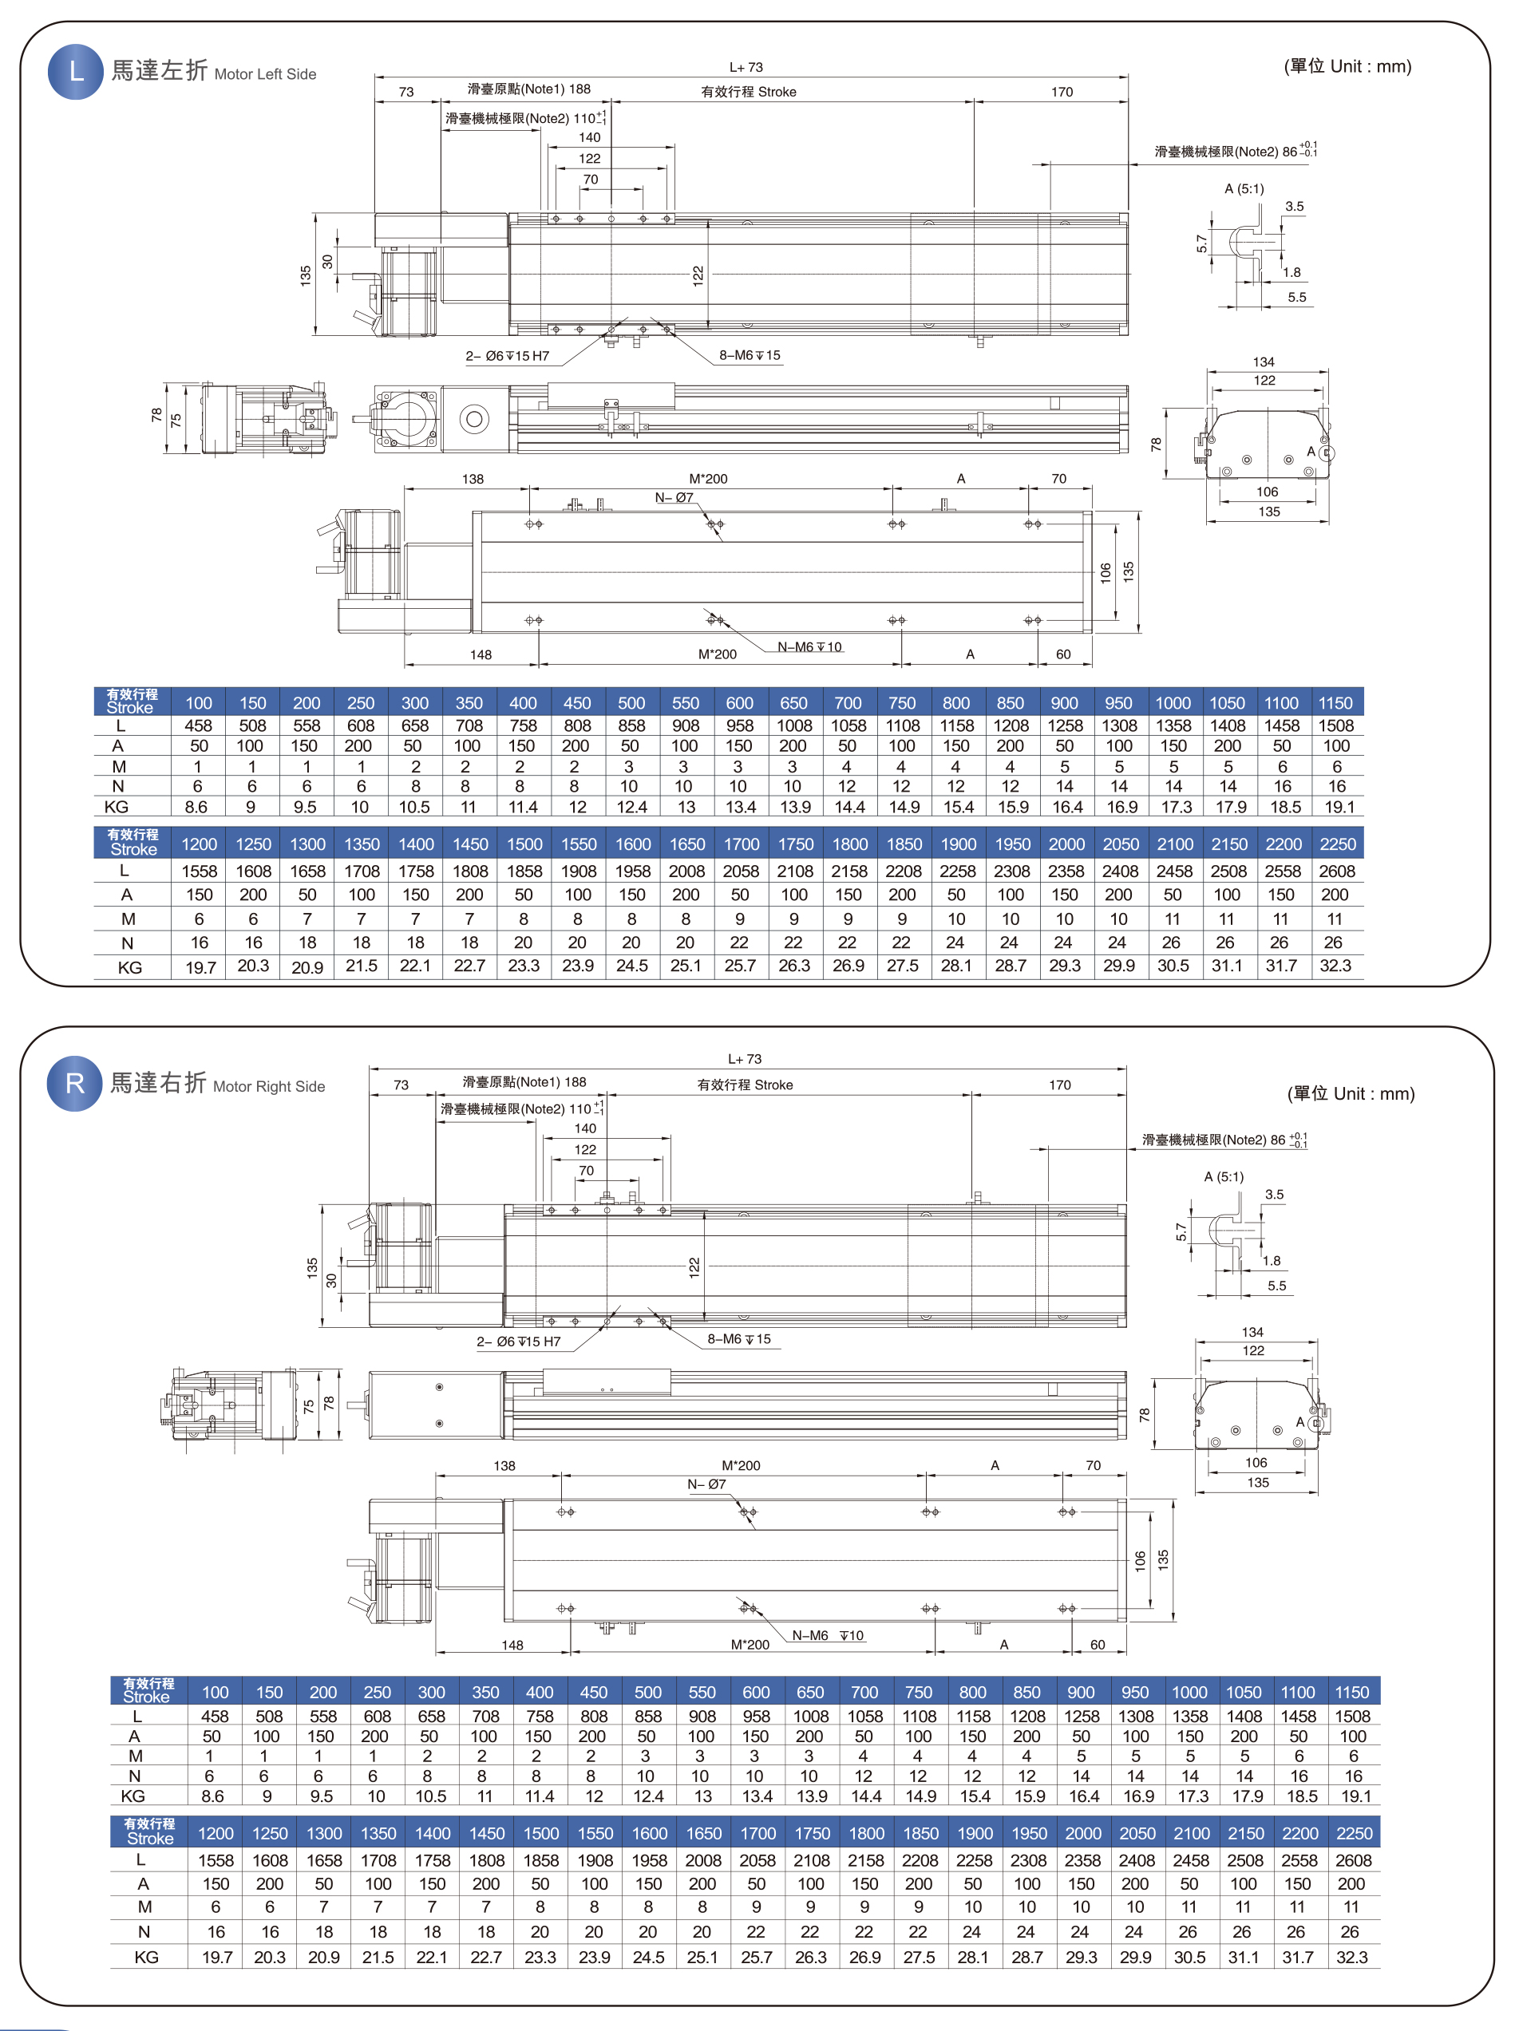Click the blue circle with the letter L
click(75, 72)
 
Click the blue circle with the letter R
click(74, 1083)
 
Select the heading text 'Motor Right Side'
click(269, 1087)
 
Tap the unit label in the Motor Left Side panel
click(1347, 66)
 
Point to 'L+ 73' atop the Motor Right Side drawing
click(745, 1059)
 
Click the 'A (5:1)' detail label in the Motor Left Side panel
click(1244, 189)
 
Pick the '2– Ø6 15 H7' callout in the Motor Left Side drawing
click(507, 356)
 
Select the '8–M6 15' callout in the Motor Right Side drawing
click(738, 1339)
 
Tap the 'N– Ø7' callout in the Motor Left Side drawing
click(674, 498)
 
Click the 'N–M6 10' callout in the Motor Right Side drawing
click(827, 1635)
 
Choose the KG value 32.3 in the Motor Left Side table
click(1335, 966)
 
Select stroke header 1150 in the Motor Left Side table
click(1335, 703)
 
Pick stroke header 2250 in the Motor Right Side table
click(1354, 1833)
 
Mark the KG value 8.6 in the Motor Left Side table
click(196, 807)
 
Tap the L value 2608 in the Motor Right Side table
click(1354, 1860)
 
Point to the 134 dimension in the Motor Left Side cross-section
click(1264, 362)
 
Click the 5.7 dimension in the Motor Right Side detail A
click(1181, 1231)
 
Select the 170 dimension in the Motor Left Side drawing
click(1062, 92)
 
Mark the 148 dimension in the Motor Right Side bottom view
click(512, 1645)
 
